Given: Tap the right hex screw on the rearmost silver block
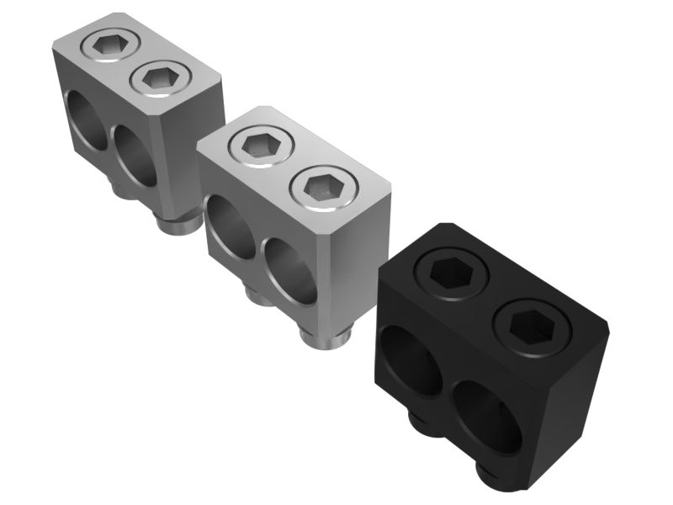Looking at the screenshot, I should (x=161, y=78).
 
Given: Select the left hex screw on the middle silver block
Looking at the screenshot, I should (x=257, y=146).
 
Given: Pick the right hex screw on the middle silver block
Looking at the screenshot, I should (x=320, y=188).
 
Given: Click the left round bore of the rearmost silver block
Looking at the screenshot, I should (x=84, y=120).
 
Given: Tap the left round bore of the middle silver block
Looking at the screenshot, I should (x=228, y=225).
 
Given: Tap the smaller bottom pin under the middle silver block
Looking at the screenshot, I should (x=257, y=295).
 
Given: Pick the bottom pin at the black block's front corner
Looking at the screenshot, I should (x=501, y=476).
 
